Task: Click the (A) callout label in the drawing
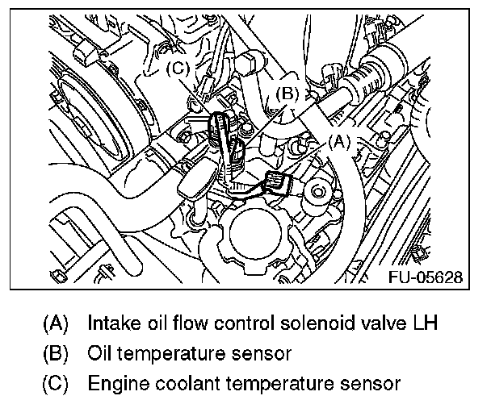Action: click(338, 142)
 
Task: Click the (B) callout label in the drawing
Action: click(288, 94)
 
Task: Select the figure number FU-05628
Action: click(425, 277)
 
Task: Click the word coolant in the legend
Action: click(183, 381)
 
